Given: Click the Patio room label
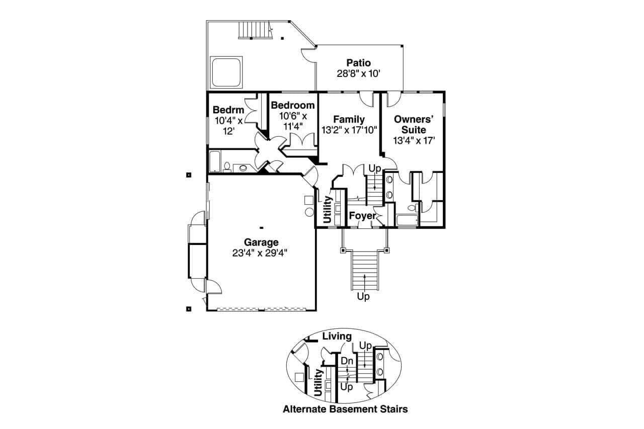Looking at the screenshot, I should point(358,63).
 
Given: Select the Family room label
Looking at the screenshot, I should point(349,119).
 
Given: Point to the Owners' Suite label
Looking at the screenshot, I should point(413,124).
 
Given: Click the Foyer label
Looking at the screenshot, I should point(362,216).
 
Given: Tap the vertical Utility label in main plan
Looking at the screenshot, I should point(328,210).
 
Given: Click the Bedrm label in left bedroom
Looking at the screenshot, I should point(228,110).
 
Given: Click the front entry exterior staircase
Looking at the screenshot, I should point(364,270).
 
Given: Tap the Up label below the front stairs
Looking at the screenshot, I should point(363,297).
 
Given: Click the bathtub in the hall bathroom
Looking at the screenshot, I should point(215,161).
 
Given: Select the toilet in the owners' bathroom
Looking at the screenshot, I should point(412,208).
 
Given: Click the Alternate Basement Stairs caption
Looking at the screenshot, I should point(345,409).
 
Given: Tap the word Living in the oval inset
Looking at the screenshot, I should point(337,336).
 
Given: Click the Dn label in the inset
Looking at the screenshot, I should point(347,361).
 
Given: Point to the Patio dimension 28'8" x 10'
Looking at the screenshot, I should point(358,73).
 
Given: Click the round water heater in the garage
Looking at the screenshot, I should point(309,212).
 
